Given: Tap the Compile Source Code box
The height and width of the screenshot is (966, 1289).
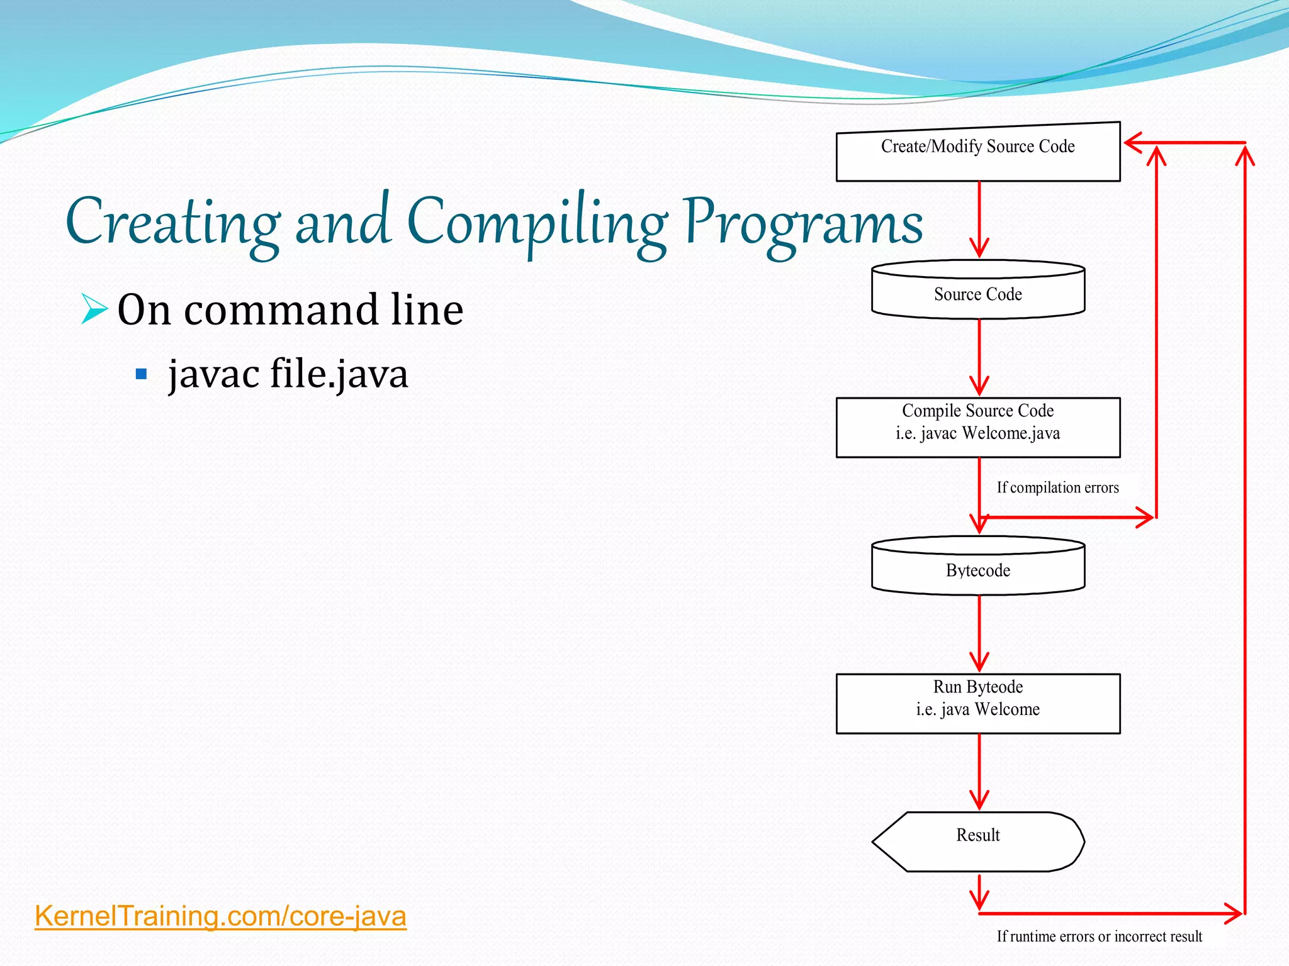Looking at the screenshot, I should point(977,427).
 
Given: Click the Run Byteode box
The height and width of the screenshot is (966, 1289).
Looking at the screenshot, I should point(977,703).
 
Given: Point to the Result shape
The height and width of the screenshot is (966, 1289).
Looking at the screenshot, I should point(977,841).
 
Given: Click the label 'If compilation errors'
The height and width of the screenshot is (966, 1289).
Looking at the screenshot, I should point(1057,487).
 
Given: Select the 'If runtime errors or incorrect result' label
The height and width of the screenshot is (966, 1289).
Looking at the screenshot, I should point(1099,936).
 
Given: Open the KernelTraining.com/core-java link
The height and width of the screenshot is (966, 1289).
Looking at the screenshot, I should point(220,916).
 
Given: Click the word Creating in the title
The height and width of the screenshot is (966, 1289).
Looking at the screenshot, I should point(173,223).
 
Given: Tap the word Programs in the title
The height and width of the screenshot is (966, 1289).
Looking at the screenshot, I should point(803,223).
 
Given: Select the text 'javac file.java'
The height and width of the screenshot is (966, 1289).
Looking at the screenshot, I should point(288,374).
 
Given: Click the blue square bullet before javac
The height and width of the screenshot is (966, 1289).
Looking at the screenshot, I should point(141,375).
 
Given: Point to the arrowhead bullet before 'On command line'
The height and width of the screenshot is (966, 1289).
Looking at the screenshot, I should point(94,309).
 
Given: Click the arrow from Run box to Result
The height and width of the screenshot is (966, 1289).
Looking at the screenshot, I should point(979,772).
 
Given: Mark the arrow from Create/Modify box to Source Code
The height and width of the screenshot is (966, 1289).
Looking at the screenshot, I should point(979,219).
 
